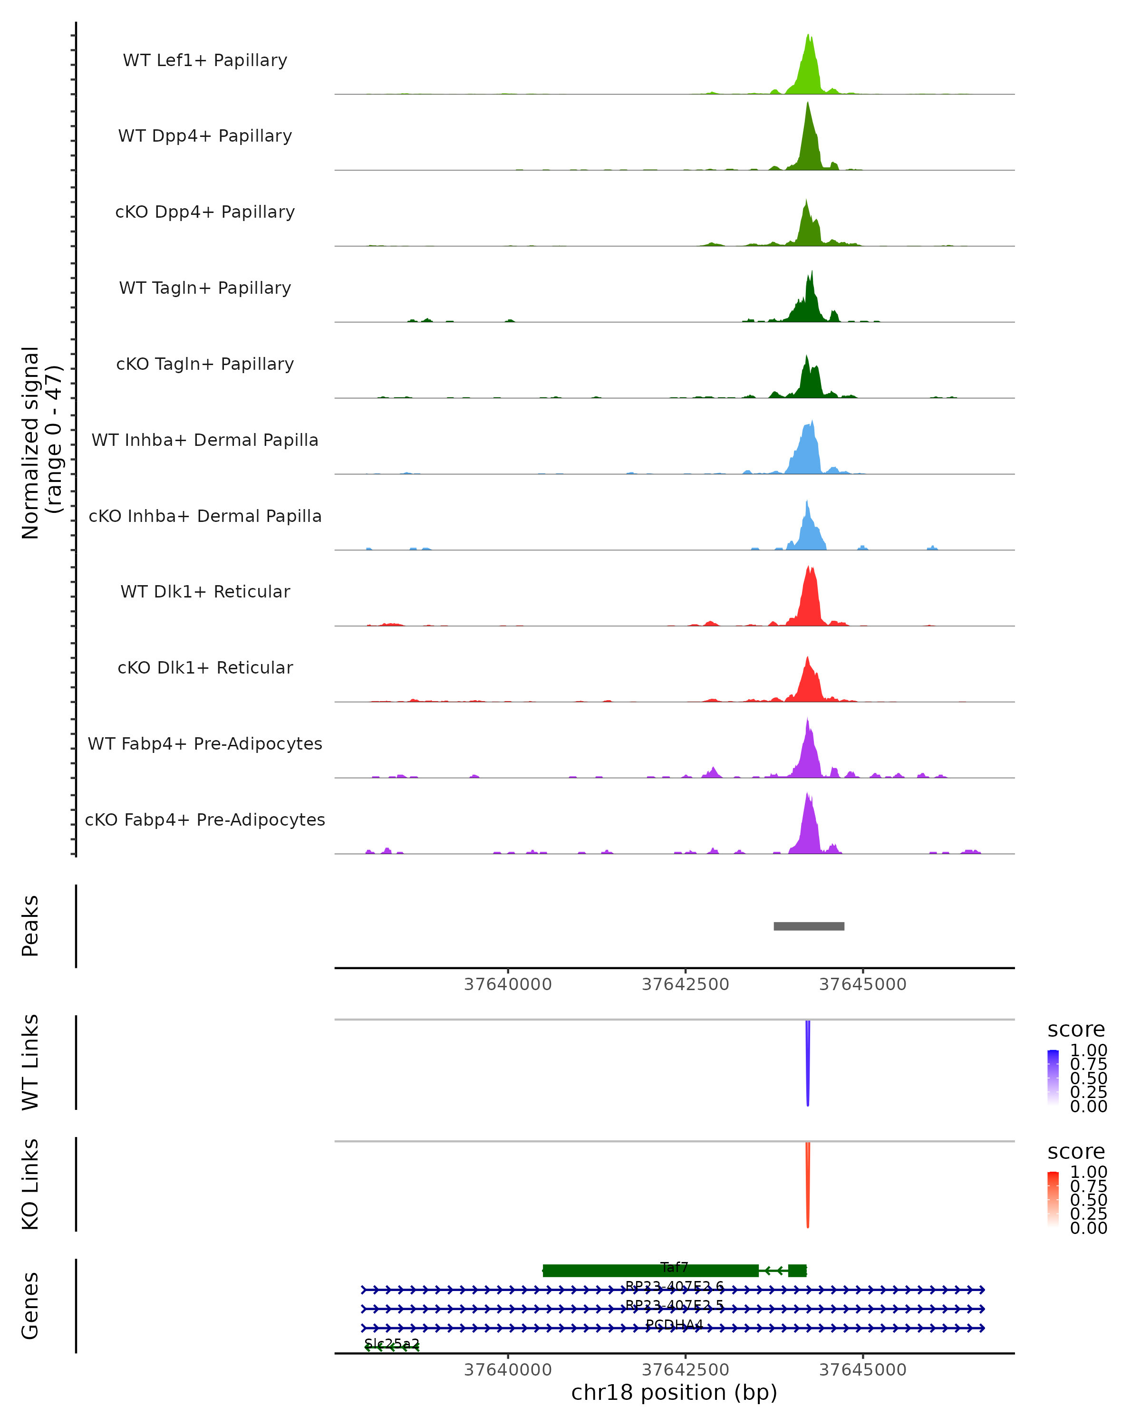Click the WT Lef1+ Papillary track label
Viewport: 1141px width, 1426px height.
[205, 60]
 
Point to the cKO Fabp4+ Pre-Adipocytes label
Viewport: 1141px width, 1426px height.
[205, 819]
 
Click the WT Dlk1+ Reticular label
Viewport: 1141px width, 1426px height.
[205, 592]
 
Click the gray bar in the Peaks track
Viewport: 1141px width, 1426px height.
[809, 926]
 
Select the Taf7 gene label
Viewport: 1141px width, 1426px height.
[674, 1267]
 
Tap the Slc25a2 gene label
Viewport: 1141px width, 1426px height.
[392, 1343]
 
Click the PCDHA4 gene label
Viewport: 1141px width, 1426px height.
[674, 1325]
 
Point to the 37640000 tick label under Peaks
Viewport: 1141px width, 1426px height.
[508, 984]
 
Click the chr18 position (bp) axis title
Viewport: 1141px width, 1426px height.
[674, 1392]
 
